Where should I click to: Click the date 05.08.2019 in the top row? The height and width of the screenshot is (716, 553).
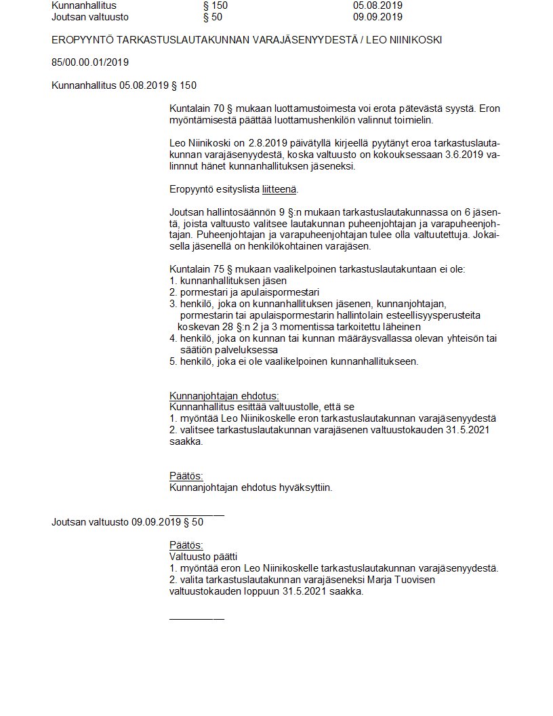pyautogui.click(x=377, y=5)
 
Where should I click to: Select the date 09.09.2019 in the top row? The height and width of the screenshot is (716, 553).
pyautogui.click(x=377, y=17)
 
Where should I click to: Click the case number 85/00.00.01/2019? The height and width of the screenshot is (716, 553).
pyautogui.click(x=90, y=62)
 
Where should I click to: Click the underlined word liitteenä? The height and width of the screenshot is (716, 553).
pyautogui.click(x=279, y=189)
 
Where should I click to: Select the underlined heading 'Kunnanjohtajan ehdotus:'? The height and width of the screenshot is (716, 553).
pyautogui.click(x=224, y=396)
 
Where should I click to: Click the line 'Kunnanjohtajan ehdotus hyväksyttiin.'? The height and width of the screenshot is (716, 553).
pyautogui.click(x=250, y=487)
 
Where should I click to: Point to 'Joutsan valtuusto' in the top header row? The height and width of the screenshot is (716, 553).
pyautogui.click(x=89, y=17)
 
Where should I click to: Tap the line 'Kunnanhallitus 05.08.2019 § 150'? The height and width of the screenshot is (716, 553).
pyautogui.click(x=124, y=85)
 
